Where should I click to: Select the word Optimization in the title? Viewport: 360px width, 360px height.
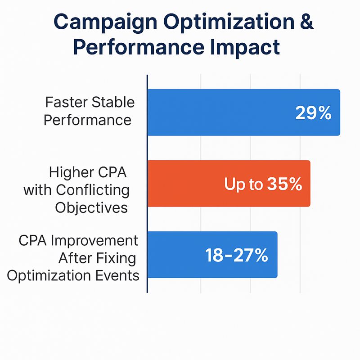(232, 22)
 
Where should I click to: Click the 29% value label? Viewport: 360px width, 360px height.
(313, 113)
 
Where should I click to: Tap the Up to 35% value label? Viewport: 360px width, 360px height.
(263, 184)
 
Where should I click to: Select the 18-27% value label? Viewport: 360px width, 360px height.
(237, 255)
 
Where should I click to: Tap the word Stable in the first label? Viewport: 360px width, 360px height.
(113, 102)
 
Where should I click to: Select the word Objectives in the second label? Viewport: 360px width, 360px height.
(91, 207)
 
